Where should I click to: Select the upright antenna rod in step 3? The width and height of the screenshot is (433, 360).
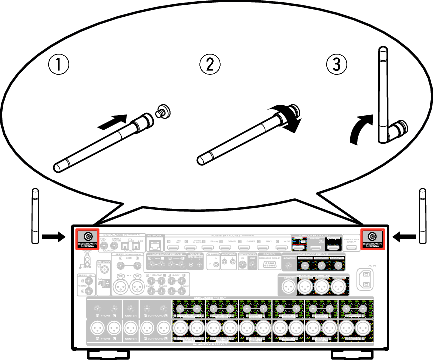383,90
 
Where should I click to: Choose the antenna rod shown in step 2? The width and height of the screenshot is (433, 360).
239,137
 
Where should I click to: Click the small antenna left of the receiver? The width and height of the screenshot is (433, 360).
34,216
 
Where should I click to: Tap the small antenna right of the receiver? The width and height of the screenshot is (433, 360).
423,216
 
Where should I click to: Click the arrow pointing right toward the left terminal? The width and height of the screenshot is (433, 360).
53,237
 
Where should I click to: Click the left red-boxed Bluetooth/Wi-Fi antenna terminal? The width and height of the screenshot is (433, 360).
87,237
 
